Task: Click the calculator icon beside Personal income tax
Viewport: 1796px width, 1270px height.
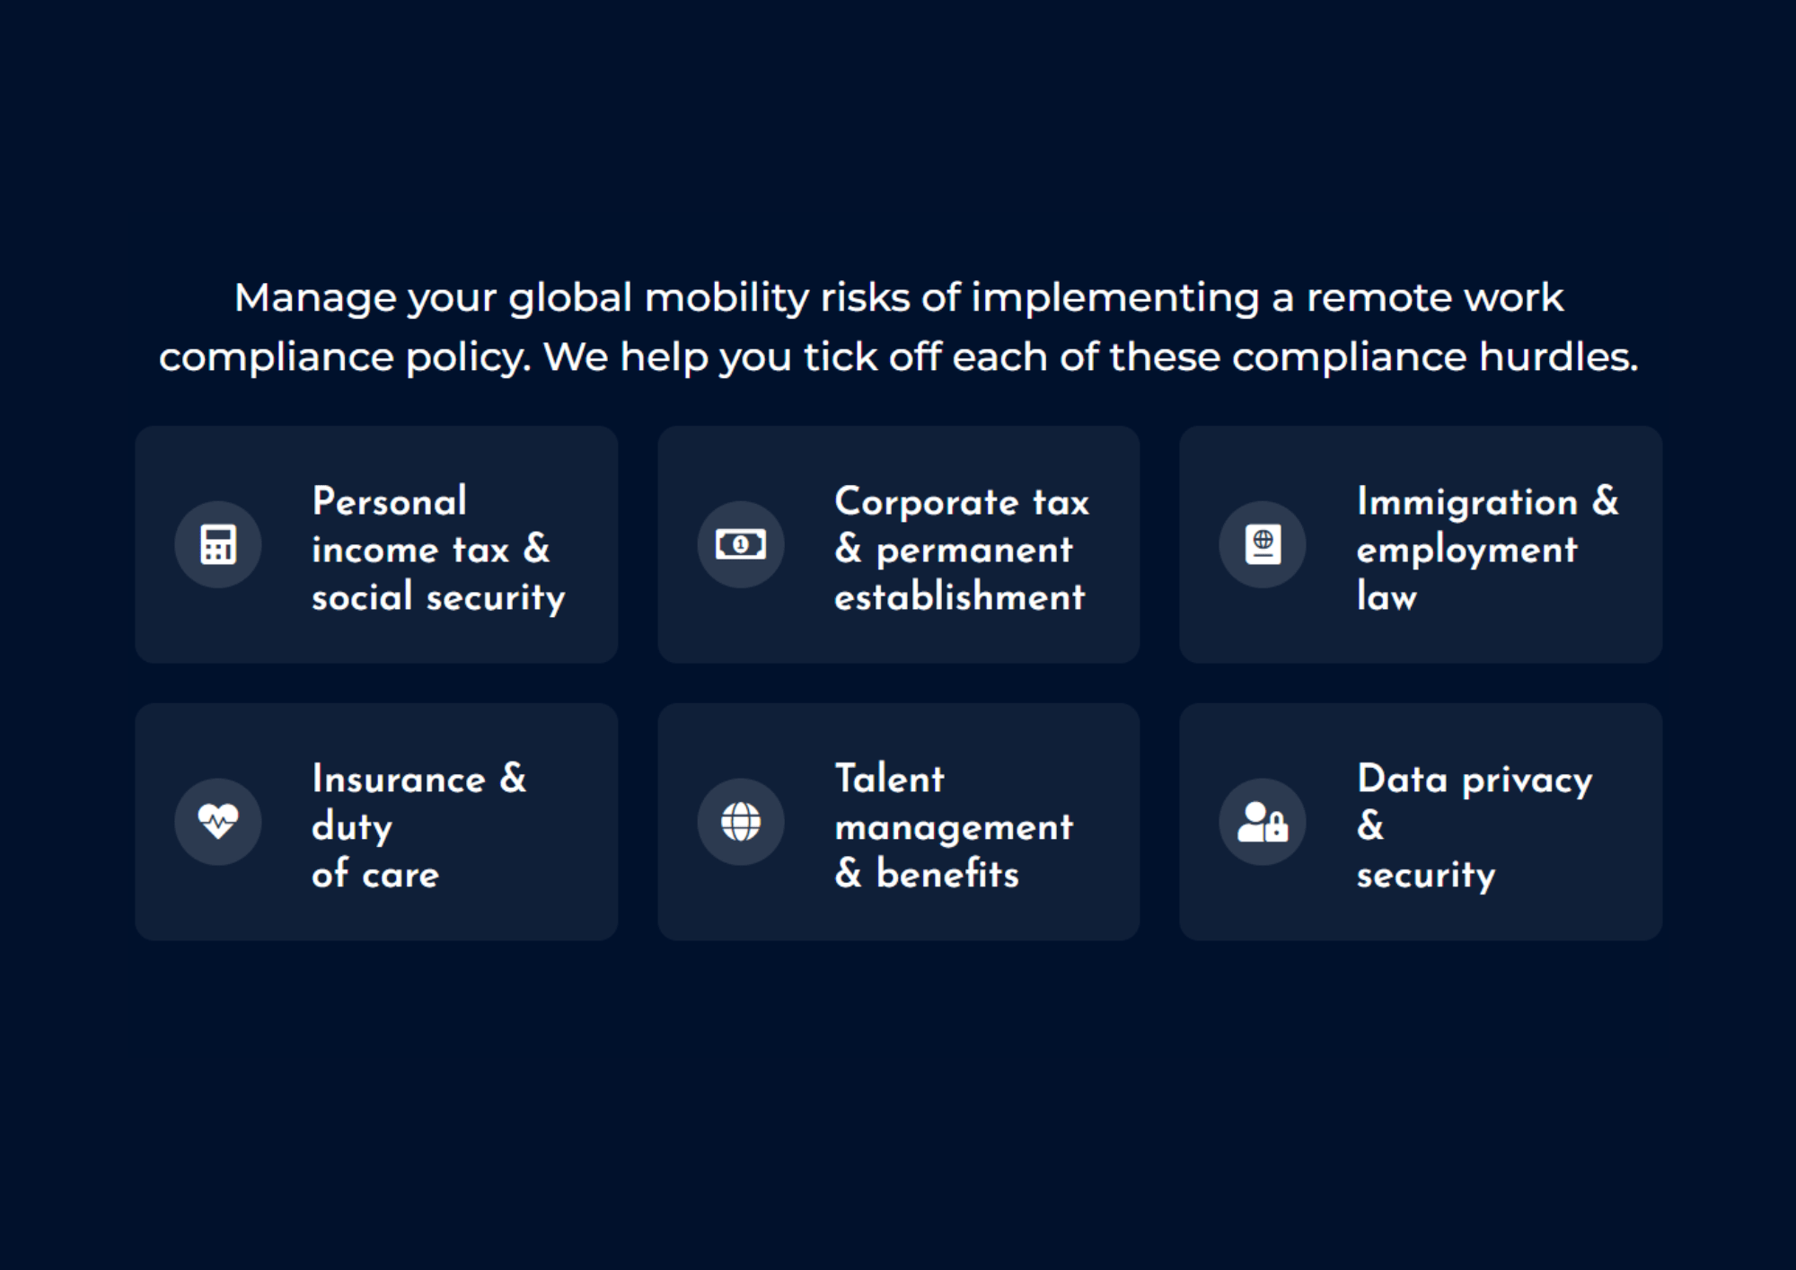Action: point(218,544)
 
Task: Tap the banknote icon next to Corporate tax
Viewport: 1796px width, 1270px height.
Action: point(741,544)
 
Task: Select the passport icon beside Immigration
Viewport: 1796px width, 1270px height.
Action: point(1263,544)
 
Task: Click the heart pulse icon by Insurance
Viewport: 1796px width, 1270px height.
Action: point(218,821)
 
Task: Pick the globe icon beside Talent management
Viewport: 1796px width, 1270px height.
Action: point(741,821)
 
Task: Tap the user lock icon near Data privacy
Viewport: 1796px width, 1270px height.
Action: point(1263,821)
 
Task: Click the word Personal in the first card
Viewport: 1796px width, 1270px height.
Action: point(390,501)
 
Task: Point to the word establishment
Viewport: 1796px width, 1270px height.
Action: point(959,597)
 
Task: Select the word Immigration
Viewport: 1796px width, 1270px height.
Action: point(1466,502)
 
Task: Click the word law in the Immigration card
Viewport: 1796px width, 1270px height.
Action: point(1387,597)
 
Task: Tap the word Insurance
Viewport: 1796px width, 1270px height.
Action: point(399,779)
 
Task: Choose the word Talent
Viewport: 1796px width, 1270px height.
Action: point(889,779)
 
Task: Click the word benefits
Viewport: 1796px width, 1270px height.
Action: point(947,874)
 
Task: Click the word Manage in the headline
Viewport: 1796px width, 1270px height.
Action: point(315,298)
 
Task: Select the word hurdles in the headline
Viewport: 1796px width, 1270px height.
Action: point(1558,357)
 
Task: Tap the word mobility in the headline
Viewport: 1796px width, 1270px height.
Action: point(726,298)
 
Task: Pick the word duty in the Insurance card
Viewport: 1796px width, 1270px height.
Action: point(352,827)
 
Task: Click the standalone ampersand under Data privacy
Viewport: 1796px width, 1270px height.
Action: point(1370,825)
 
